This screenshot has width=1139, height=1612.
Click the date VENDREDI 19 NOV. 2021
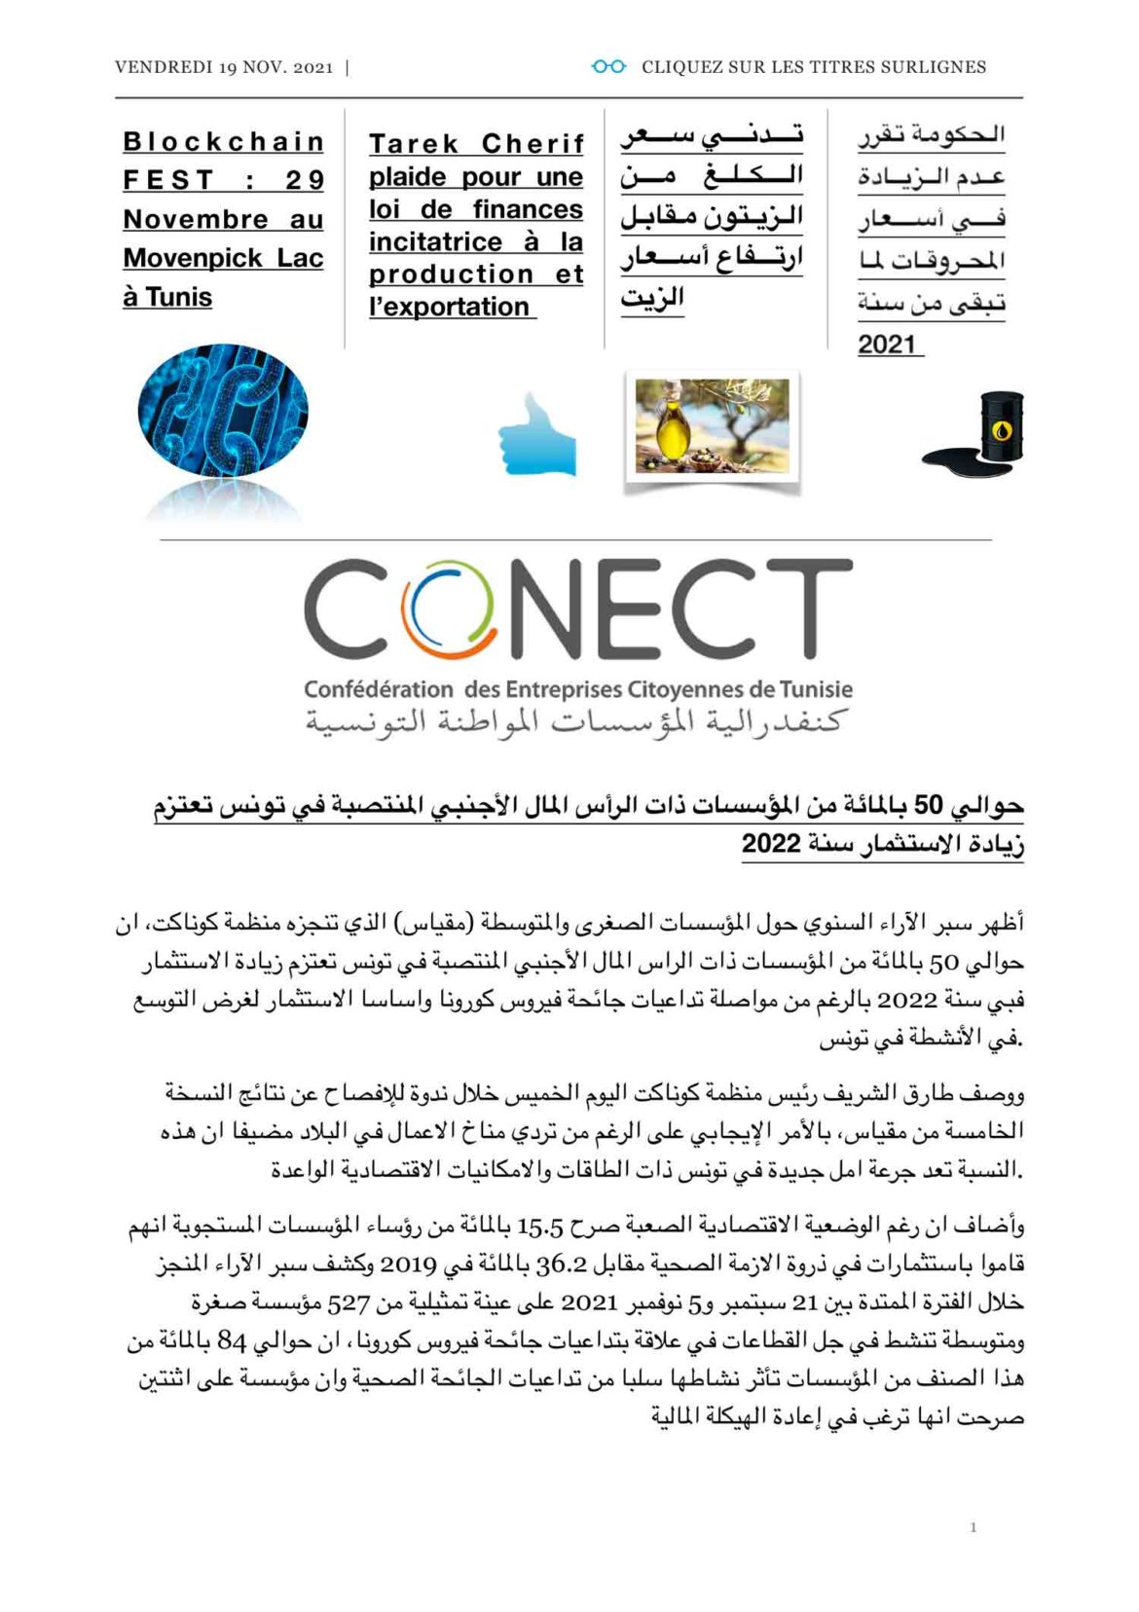click(223, 67)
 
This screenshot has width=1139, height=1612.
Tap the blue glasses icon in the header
click(608, 66)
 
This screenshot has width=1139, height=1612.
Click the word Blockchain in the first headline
click(223, 142)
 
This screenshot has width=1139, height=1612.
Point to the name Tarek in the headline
click(413, 144)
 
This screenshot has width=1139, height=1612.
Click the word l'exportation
click(449, 307)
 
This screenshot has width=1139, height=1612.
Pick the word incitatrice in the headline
click(436, 242)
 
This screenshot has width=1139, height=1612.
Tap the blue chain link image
click(223, 411)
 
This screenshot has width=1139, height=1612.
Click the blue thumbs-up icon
click(537, 437)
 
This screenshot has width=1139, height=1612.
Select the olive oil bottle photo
click(711, 427)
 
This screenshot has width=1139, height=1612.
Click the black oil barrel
click(998, 426)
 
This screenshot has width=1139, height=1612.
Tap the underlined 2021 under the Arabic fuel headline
click(887, 345)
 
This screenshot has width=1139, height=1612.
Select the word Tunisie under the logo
click(816, 690)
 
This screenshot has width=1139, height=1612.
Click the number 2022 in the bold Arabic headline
click(771, 844)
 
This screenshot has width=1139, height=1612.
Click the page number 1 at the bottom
click(973, 1527)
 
